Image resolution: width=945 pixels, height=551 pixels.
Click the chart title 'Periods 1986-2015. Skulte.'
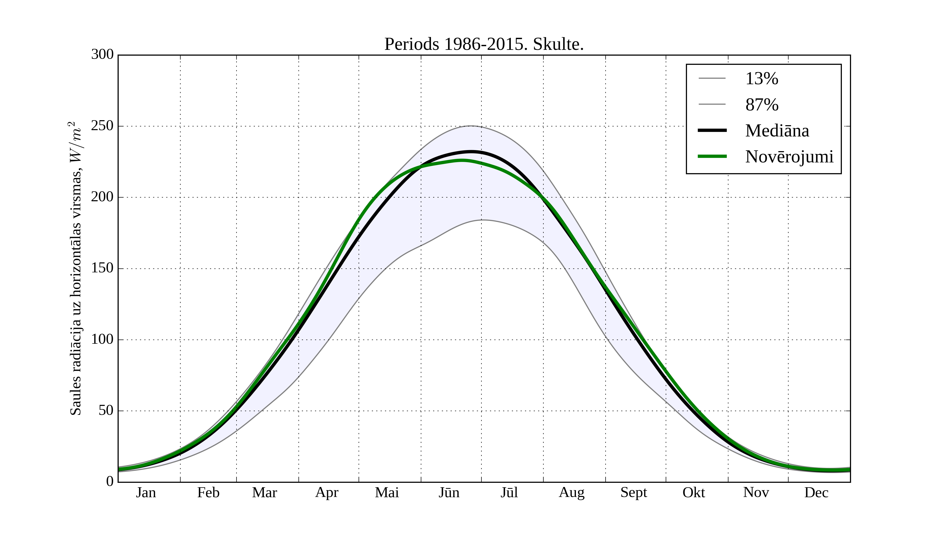pos(484,44)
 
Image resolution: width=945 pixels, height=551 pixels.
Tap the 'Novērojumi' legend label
pos(789,157)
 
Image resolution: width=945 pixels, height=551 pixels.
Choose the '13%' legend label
pos(762,79)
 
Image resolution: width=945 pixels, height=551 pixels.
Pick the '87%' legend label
pos(762,105)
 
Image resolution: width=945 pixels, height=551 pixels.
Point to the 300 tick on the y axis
pos(102,54)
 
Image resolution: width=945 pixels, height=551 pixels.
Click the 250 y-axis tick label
pos(102,126)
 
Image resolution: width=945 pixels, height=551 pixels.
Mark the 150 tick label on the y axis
pos(102,268)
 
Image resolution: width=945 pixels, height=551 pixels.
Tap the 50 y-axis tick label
pos(106,411)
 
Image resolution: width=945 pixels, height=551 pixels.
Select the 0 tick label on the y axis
pos(110,481)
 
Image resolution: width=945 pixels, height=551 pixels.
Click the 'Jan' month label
pos(146,492)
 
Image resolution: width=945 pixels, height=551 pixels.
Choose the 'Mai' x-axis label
pos(387,492)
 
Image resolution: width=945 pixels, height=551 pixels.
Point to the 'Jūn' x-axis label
pos(449,492)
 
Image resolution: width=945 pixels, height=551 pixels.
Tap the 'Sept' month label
pos(633,492)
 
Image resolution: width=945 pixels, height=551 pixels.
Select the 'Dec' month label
pos(816,492)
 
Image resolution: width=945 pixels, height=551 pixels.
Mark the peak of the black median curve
pos(471,152)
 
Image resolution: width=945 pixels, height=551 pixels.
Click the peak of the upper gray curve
pos(471,126)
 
